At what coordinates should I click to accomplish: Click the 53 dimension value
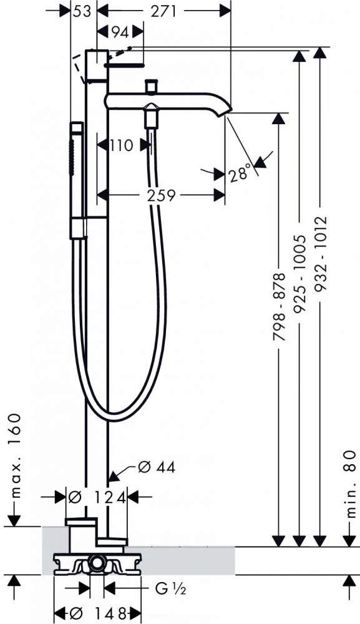82,11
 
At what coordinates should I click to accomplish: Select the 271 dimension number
163,11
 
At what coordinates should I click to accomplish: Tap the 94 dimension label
120,32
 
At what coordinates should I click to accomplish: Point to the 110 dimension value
121,145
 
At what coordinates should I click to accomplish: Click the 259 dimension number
161,195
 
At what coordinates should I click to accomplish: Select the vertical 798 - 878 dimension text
280,306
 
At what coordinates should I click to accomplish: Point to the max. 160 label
15,456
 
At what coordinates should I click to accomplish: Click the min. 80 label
349,484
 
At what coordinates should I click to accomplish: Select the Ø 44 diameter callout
157,467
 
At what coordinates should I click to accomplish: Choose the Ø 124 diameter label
97,497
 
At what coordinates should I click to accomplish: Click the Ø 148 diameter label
97,613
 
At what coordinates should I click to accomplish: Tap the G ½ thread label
171,589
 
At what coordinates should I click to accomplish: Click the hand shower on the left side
77,181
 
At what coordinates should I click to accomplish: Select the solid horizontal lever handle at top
124,64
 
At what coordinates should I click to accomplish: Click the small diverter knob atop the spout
151,85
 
